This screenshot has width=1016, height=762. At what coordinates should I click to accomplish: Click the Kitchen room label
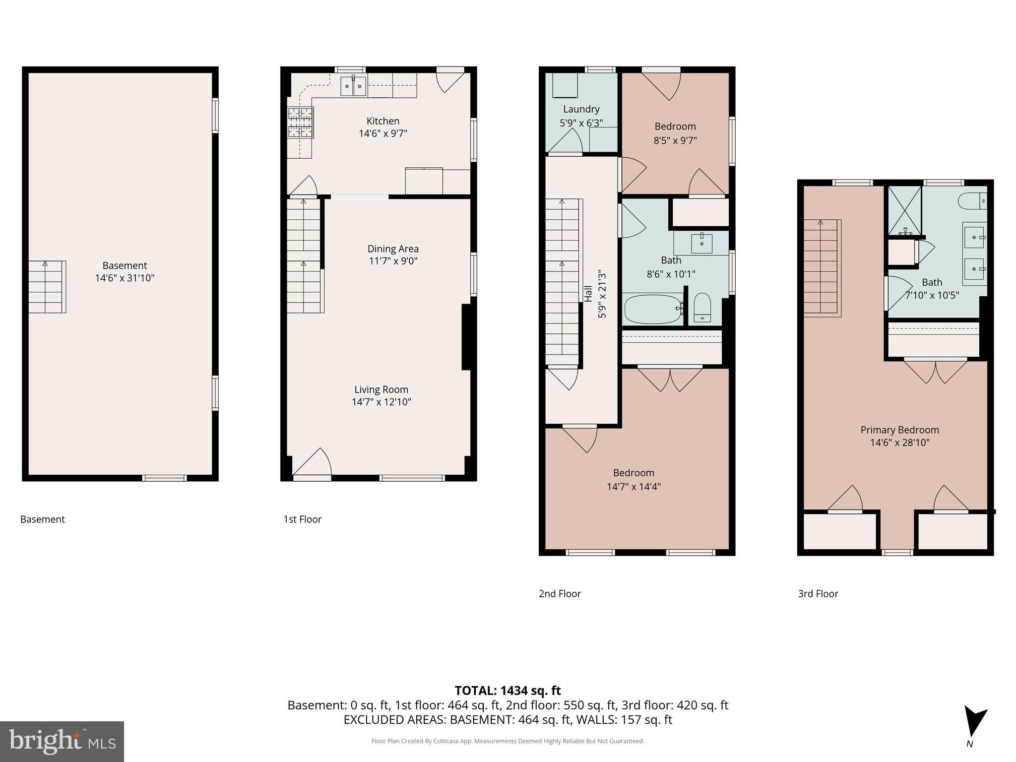[382, 121]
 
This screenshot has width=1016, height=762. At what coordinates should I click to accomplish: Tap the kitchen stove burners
[301, 123]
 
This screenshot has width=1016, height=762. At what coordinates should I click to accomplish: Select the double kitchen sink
[353, 86]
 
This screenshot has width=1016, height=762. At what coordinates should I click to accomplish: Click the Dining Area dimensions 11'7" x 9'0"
[393, 261]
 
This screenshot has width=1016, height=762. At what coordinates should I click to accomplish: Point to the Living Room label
[381, 389]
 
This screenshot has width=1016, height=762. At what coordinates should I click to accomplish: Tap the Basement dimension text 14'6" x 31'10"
[125, 278]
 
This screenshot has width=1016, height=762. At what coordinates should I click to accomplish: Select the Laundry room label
[581, 109]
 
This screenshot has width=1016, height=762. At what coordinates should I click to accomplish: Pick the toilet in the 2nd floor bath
[702, 308]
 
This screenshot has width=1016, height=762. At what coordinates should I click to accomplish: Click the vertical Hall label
[588, 293]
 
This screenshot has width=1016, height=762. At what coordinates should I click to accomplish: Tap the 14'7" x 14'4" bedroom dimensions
[634, 487]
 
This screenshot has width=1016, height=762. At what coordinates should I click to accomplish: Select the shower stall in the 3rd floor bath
[905, 210]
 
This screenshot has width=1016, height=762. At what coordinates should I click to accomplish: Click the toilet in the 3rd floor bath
[972, 201]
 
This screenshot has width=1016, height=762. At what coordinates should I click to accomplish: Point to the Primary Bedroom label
[899, 430]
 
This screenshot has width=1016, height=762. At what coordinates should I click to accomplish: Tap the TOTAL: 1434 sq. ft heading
[508, 691]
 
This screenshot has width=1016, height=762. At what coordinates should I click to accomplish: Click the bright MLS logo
[62, 741]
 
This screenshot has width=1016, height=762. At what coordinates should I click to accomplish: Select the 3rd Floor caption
[818, 594]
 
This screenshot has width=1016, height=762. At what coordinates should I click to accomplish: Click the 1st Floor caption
[302, 519]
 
